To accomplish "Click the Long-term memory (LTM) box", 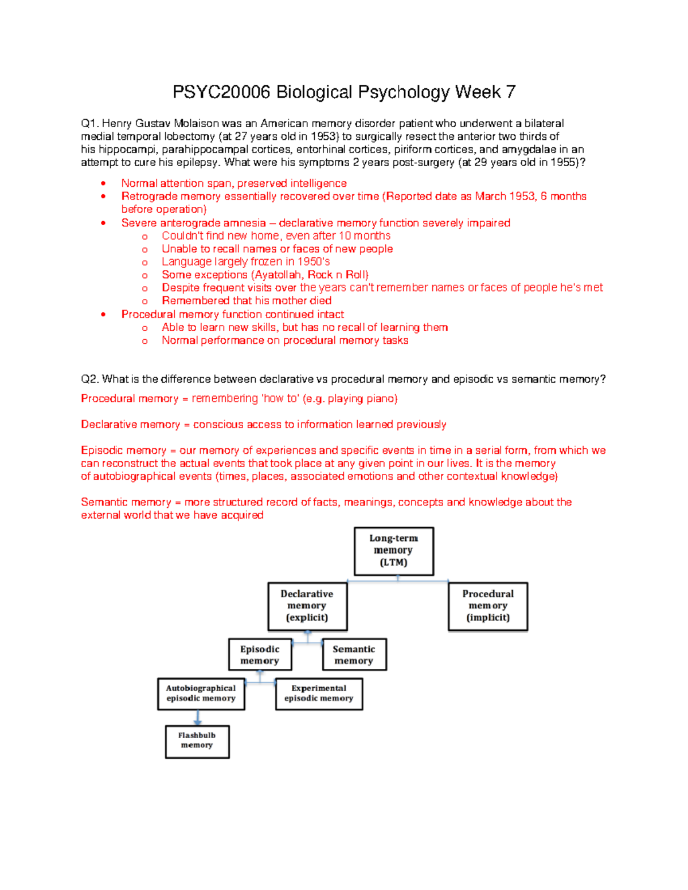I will coord(393,551).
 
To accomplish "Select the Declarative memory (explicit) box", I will coord(307,606).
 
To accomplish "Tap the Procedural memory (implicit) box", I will coord(487,606).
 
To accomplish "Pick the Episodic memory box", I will coord(260,654).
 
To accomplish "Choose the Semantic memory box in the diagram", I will coord(354,654).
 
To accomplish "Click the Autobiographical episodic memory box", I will coord(201,693).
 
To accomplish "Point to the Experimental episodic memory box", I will coord(319,693).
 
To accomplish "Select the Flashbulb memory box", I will coord(197,741).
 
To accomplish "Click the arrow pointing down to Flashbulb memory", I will coord(198,718).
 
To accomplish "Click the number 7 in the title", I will coord(510,92).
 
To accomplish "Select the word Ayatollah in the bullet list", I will coord(277,275).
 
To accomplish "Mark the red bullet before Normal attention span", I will coord(103,184).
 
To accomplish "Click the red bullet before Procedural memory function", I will coord(103,315).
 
